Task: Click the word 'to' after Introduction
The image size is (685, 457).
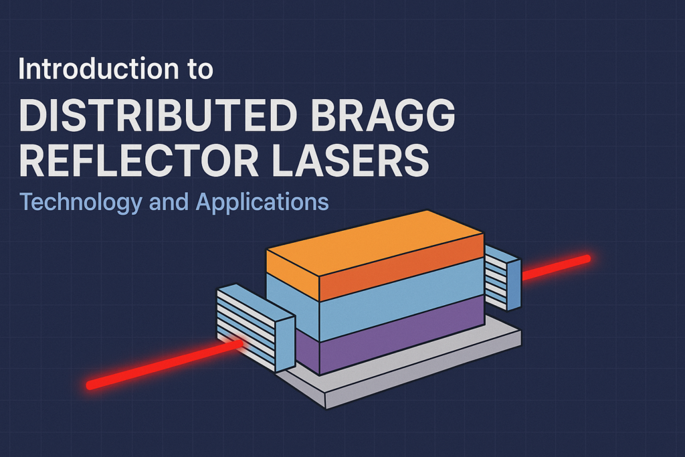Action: tap(199, 70)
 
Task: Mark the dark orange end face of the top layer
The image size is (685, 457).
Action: tap(401, 264)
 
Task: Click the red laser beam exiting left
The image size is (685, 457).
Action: tap(161, 365)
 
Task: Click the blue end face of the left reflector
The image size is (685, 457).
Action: tap(285, 341)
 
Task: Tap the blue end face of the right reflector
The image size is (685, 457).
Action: tap(514, 284)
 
